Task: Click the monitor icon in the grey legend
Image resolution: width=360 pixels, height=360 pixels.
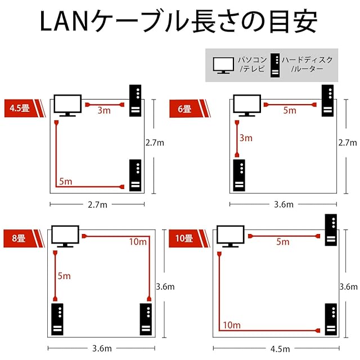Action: click(223, 65)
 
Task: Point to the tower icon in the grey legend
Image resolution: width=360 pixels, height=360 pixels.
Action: click(275, 65)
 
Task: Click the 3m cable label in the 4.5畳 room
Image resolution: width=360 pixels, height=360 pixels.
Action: click(104, 110)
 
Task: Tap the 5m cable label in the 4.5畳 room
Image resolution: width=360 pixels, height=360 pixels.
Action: click(66, 181)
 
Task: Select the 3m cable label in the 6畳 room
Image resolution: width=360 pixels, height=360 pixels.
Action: click(246, 138)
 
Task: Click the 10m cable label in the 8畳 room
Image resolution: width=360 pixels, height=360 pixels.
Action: click(138, 241)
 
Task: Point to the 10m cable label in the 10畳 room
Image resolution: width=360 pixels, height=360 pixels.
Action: click(232, 325)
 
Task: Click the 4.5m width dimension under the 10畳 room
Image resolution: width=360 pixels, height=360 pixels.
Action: click(280, 349)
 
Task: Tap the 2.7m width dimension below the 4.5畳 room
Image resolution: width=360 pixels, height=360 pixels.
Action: click(97, 205)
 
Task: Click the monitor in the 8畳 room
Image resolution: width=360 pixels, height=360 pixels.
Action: click(65, 236)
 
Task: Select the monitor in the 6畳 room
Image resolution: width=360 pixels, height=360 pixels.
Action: click(247, 106)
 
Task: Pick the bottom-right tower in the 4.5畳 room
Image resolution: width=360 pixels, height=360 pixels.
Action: click(135, 175)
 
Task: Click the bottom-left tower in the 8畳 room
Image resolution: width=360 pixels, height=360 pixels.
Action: click(57, 319)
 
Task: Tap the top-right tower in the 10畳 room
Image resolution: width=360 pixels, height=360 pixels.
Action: click(331, 230)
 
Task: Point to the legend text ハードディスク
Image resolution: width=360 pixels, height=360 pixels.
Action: click(307, 60)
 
